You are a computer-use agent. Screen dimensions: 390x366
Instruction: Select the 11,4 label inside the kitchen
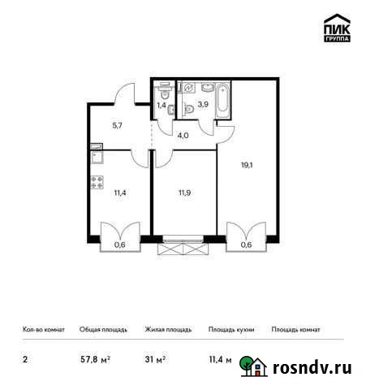pos(98,193)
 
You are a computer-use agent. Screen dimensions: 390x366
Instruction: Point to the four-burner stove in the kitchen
pos(97,182)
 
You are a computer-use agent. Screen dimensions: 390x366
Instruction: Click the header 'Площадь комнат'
pos(296,330)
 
